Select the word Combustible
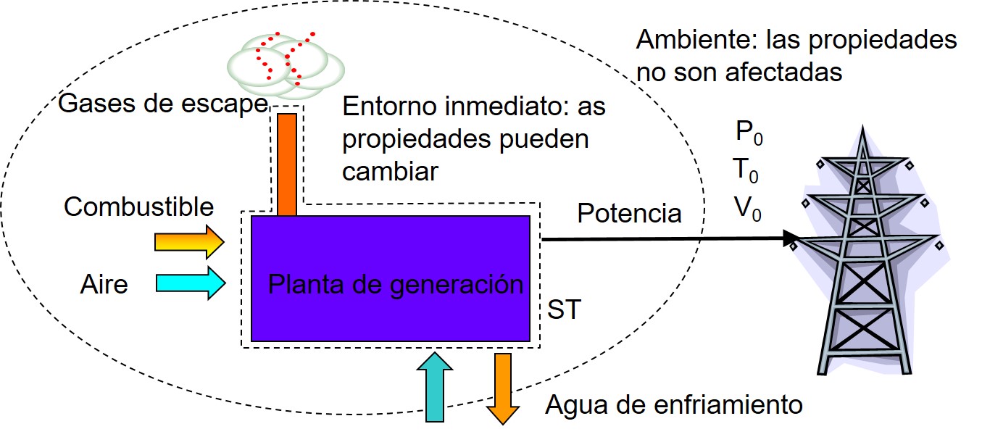(x=139, y=207)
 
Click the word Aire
(x=104, y=285)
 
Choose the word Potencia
(x=629, y=214)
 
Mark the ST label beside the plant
(x=564, y=310)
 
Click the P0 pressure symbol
(x=749, y=133)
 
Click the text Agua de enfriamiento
(x=675, y=404)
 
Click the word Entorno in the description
(x=386, y=107)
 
